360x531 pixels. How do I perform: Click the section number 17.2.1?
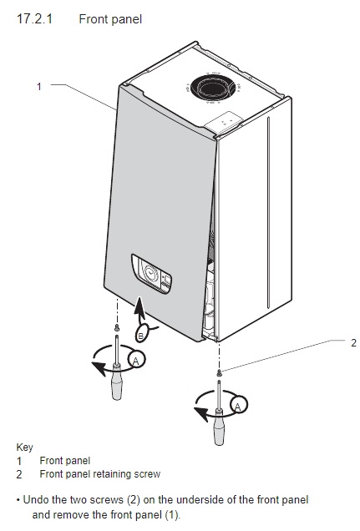click(35, 19)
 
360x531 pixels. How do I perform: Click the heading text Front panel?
click(110, 19)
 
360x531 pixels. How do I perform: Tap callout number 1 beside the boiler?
click(39, 86)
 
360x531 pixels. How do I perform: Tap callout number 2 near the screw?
click(353, 343)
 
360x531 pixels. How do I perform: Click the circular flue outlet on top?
click(213, 88)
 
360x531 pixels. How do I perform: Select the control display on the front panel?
click(151, 274)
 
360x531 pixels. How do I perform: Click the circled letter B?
click(141, 336)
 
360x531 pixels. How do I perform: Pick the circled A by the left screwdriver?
click(136, 360)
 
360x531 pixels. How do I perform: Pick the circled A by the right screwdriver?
click(238, 405)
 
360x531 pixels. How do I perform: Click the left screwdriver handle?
click(117, 382)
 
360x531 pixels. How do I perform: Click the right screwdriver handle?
click(219, 427)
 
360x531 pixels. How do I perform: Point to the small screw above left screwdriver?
click(117, 327)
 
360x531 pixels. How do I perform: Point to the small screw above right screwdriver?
click(219, 372)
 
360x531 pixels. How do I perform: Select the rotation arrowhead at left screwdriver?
click(99, 368)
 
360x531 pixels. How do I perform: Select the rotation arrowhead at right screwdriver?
click(200, 413)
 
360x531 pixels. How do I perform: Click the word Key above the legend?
click(25, 448)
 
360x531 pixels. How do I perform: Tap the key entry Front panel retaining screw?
click(100, 473)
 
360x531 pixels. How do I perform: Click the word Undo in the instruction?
click(36, 500)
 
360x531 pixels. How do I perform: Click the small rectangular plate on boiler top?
click(224, 121)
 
